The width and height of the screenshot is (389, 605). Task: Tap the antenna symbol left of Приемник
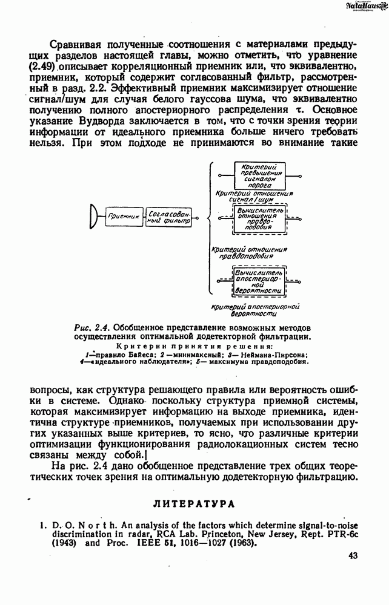click(93, 216)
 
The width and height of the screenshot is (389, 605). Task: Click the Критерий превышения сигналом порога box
click(258, 175)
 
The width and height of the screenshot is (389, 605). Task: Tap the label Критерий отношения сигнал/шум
click(254, 195)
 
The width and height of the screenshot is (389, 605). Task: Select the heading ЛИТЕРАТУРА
click(194, 503)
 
